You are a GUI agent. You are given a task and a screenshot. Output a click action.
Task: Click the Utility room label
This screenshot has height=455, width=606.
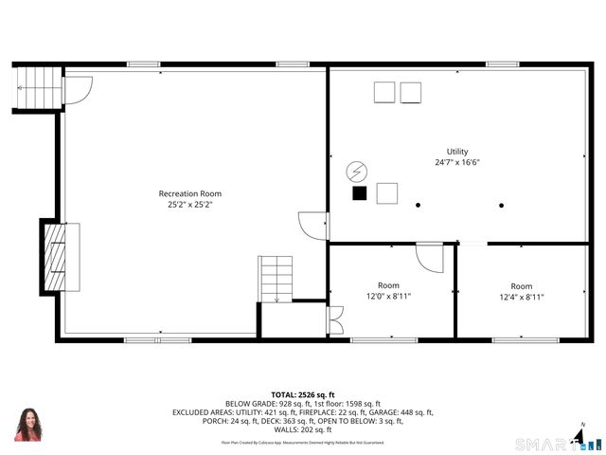[457, 152]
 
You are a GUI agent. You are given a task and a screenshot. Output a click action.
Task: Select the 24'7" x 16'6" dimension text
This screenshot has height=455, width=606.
[457, 162]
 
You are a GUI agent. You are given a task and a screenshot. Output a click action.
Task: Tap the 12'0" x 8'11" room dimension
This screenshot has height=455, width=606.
[388, 296]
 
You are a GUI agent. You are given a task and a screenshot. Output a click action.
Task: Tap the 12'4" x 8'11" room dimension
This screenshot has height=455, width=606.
[521, 296]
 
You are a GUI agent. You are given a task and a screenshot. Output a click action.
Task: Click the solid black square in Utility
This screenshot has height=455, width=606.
[359, 193]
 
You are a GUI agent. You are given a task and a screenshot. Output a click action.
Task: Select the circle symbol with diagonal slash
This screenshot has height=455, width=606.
[357, 171]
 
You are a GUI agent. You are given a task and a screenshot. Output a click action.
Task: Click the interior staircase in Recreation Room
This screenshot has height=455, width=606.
[275, 279]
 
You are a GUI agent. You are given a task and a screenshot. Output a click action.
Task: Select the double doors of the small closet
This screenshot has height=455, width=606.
[334, 319]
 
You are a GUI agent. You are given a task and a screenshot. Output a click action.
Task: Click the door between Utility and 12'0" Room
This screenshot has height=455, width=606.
[430, 256]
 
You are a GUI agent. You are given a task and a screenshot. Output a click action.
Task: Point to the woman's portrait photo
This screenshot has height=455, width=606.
[27, 424]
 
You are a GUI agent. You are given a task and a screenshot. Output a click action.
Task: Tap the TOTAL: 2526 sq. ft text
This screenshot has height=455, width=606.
[303, 394]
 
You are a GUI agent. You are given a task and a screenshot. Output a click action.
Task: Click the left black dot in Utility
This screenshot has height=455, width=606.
[418, 204]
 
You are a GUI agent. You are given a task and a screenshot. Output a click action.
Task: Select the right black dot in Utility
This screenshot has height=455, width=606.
[502, 204]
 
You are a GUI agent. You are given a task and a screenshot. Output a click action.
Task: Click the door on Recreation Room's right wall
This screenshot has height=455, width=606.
[312, 226]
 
